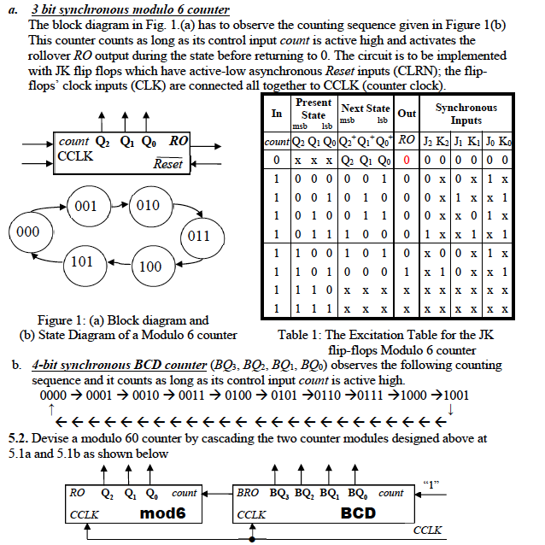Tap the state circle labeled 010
coord(149,206)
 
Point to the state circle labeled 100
coord(149,267)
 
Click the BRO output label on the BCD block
coord(248,493)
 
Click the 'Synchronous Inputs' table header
coord(466,113)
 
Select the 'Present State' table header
coord(314,109)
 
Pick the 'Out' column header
coord(407,113)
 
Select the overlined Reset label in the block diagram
coord(168,164)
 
